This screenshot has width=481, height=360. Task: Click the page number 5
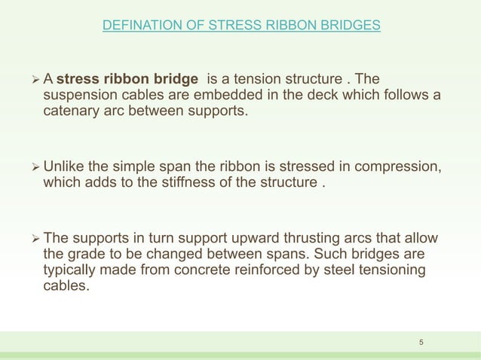(421, 343)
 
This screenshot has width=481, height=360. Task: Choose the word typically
(72, 270)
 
